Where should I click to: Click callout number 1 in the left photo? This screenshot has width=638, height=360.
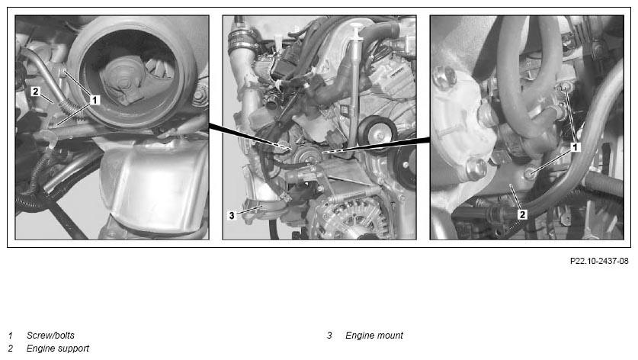[x=95, y=100]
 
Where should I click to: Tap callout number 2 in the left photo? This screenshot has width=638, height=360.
[x=35, y=92]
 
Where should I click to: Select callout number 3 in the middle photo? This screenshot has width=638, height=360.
[x=232, y=215]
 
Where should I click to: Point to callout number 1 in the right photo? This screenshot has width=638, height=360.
[x=575, y=147]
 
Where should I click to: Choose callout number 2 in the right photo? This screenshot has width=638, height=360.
[x=522, y=214]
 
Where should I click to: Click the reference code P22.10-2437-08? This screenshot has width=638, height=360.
[x=599, y=261]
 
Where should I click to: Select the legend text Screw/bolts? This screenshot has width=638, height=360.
[x=50, y=335]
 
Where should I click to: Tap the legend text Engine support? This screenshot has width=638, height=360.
[x=58, y=349]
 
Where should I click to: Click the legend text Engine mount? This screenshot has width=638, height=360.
[x=374, y=335]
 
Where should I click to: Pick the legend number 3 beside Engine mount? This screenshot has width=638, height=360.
[x=329, y=335]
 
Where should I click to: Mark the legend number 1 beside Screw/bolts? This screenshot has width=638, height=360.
[x=11, y=335]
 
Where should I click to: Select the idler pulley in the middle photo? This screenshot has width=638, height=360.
[x=377, y=131]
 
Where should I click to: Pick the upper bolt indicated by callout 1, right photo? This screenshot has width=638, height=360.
[x=565, y=88]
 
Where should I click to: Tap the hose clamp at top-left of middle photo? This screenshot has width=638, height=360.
[x=241, y=39]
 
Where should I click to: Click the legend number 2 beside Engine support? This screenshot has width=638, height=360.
[x=11, y=349]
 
